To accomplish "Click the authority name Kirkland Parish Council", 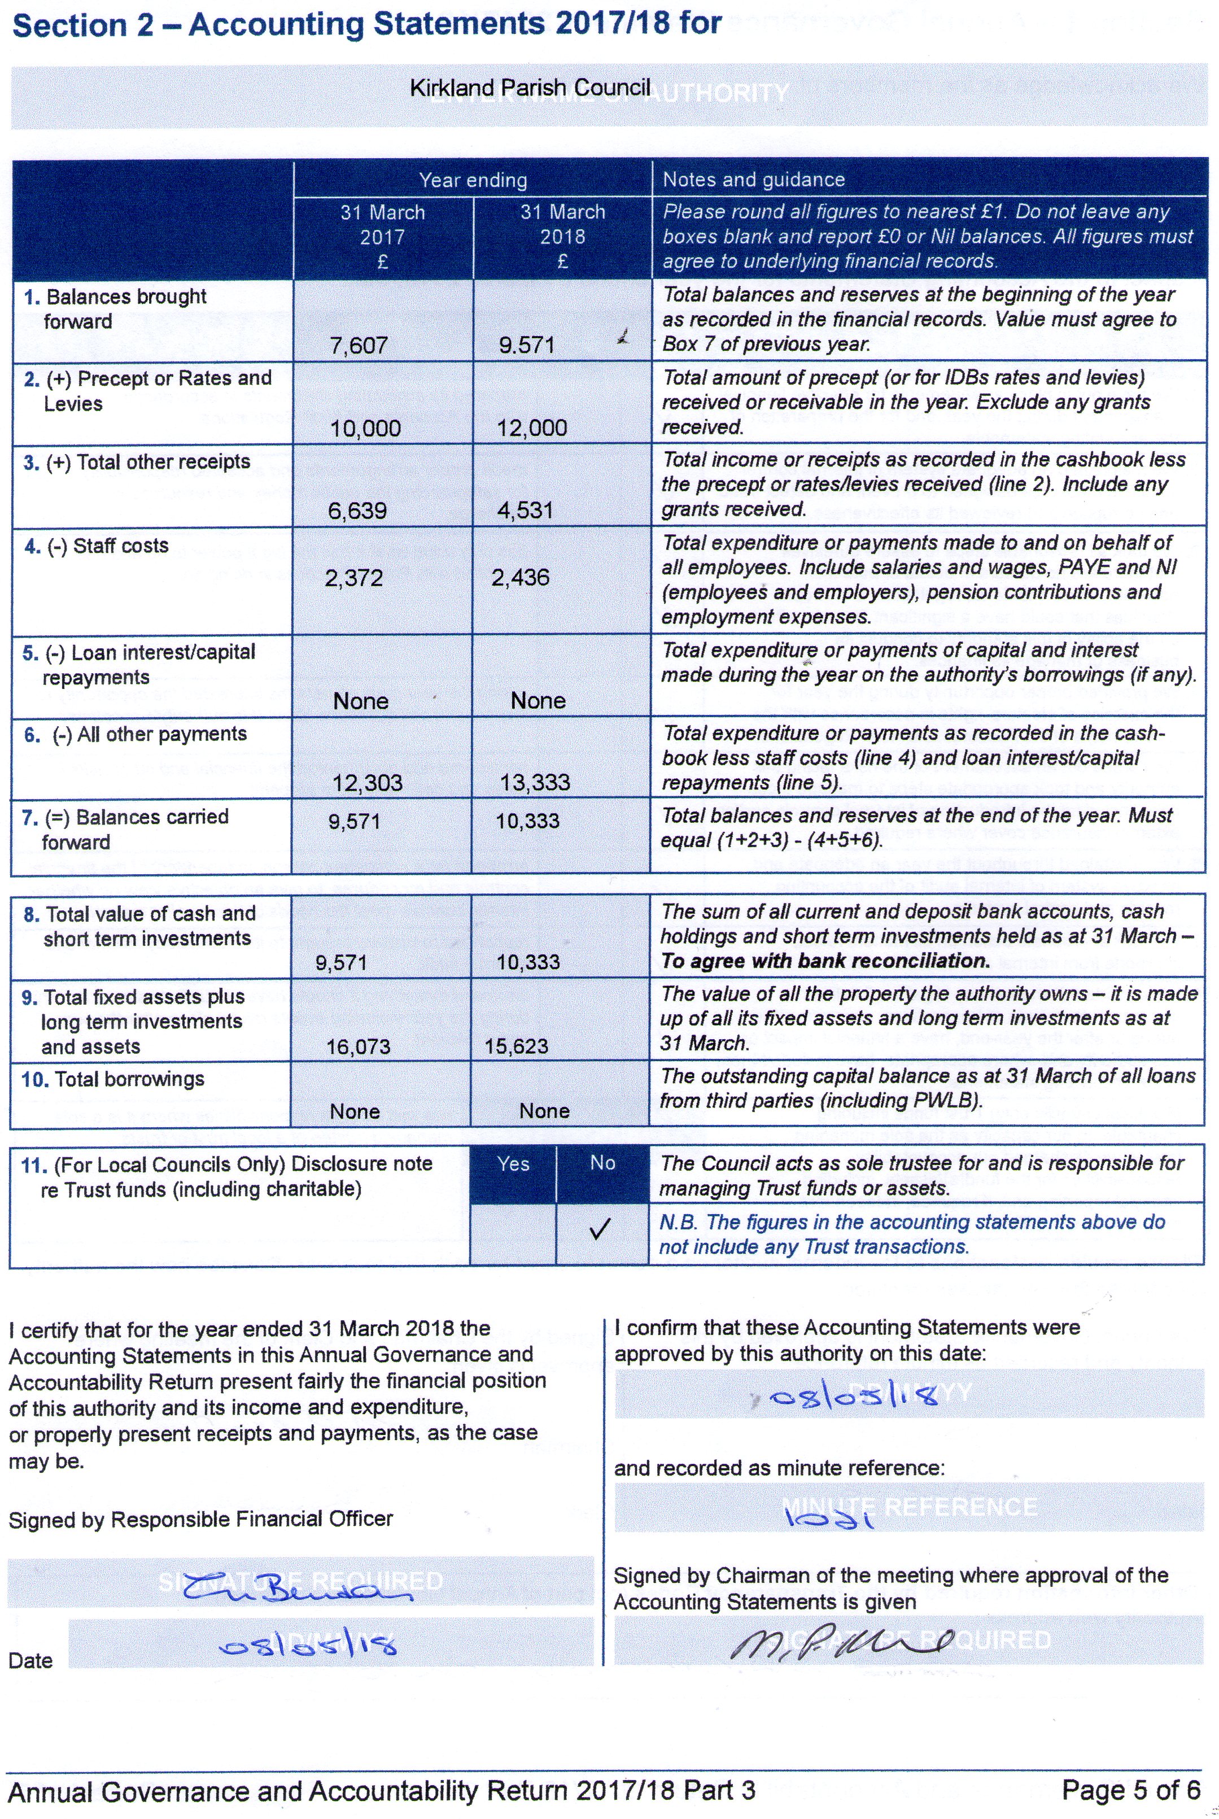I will [x=530, y=88].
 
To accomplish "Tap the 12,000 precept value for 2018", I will [x=532, y=428].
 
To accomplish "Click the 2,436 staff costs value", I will [x=520, y=578].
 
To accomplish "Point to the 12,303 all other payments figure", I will [x=367, y=783].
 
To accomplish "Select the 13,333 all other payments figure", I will [x=535, y=783].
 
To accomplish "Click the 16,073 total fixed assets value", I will [x=357, y=1046].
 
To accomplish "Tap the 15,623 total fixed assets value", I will [x=516, y=1046].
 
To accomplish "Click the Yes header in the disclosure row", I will [x=513, y=1164].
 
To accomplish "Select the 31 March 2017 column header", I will [x=382, y=235].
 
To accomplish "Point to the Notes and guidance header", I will [x=753, y=180].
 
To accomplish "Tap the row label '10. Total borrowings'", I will [x=113, y=1079].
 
